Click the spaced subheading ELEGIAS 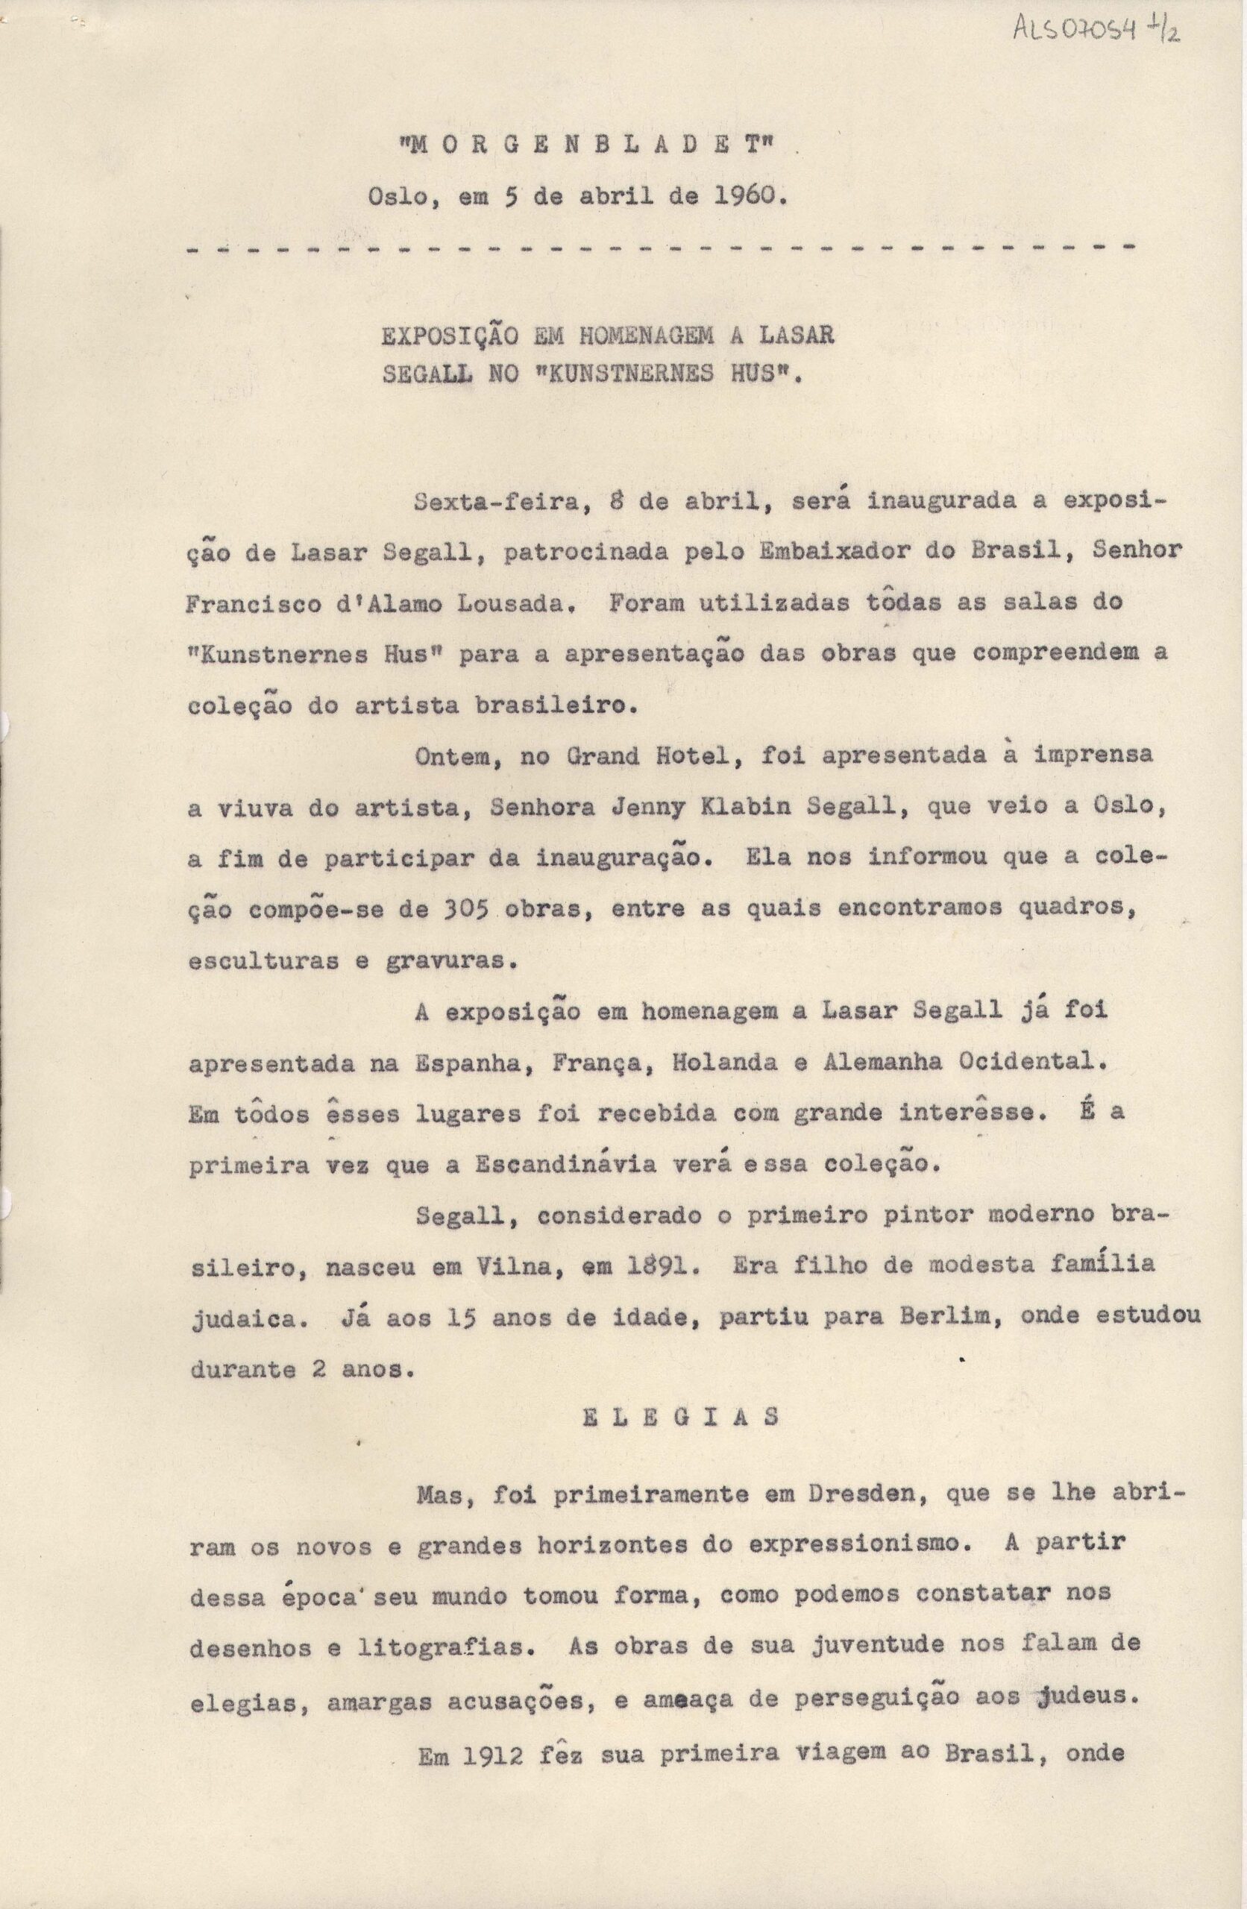click(x=679, y=1417)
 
